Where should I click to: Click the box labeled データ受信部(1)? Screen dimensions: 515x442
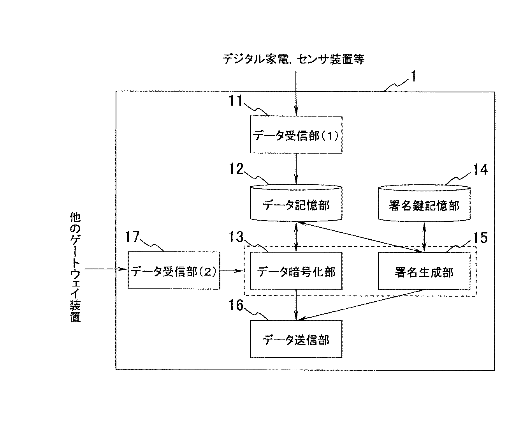coord(296,134)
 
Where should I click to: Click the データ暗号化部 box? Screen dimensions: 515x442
coord(296,271)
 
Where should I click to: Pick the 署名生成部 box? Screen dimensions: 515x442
coord(424,271)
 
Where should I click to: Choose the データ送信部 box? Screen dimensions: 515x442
coord(296,339)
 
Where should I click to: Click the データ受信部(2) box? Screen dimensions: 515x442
coord(174,270)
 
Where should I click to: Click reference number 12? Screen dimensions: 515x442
coord(236,169)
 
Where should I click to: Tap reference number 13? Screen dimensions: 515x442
coord(236,237)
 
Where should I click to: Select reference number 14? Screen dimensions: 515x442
coord(480,170)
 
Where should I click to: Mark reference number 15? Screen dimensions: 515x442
coord(480,238)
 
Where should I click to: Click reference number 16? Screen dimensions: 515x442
coord(236,305)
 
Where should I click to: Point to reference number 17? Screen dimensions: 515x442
coord(132,237)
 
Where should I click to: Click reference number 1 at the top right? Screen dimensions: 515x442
coord(413,76)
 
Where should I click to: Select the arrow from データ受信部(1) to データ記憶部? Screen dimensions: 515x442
coord(296,168)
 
